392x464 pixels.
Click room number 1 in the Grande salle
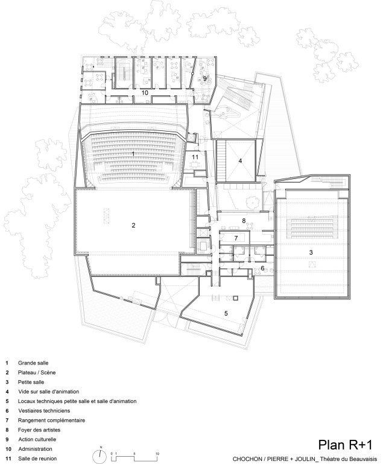133,154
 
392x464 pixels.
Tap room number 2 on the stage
133,226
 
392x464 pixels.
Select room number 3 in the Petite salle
311,252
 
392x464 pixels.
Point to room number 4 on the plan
240,160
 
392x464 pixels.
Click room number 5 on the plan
226,313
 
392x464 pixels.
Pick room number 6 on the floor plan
262,268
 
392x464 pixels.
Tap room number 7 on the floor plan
236,238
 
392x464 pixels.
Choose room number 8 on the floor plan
244,221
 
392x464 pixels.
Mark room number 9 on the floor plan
204,78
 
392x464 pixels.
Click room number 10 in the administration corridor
145,93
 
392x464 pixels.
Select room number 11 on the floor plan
195,157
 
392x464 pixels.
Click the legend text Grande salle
33,363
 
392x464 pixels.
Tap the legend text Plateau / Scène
37,372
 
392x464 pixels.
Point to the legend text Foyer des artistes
39,430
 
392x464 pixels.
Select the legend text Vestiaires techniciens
44,411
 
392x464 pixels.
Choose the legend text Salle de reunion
37,459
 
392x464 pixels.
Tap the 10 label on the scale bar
157,454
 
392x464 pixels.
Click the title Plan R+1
345,445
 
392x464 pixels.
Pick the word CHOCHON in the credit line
243,459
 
